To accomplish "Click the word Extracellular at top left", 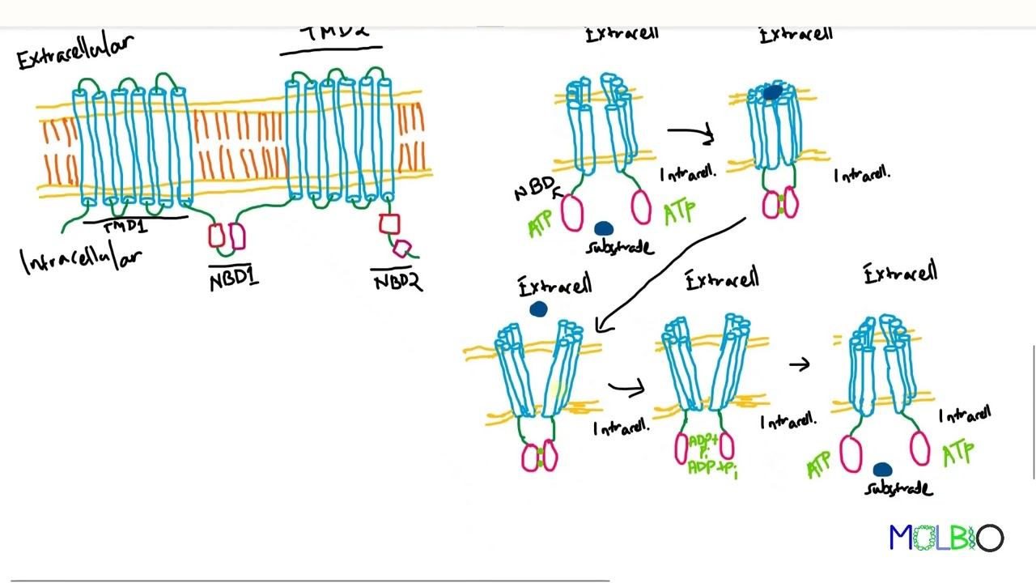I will tap(75, 50).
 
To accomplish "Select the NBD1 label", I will tap(234, 281).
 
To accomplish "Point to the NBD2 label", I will tap(397, 281).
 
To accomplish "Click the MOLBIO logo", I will tap(946, 538).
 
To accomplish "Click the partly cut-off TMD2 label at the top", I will tap(334, 33).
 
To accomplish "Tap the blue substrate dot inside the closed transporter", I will tap(772, 94).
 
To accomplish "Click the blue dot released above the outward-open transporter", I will tap(538, 309).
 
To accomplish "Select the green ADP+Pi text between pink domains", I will tap(703, 454).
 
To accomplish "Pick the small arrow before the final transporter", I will tap(800, 365).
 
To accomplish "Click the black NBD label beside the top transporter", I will tap(534, 191).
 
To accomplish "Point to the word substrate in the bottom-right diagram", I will tap(898, 488).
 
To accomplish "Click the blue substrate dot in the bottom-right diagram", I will tap(882, 470).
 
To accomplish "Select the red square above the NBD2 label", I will tap(389, 223).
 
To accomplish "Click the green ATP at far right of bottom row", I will tap(958, 453).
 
